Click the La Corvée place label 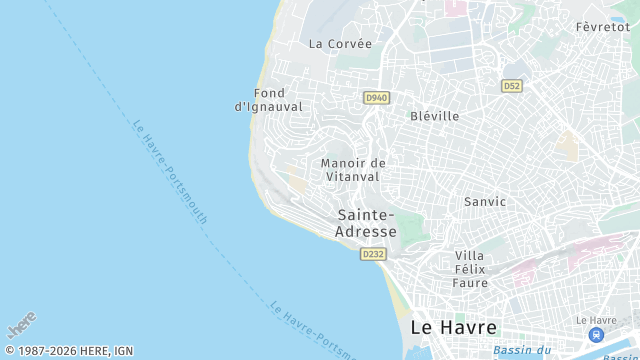(x=340, y=44)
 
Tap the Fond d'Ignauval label (x=268, y=100)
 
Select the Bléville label (x=435, y=116)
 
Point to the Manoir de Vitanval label (x=353, y=170)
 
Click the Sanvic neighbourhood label (x=485, y=202)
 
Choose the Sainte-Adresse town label (x=366, y=223)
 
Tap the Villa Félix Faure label (x=471, y=269)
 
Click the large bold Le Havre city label (x=453, y=327)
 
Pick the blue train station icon (x=596, y=334)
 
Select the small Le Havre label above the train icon (x=596, y=320)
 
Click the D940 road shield (x=376, y=97)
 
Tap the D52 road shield (x=512, y=86)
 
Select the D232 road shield (x=373, y=254)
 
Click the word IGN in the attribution (x=123, y=351)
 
